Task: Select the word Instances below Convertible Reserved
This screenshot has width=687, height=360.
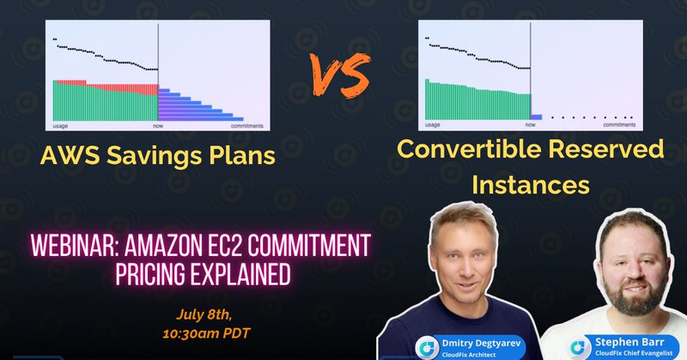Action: tap(530, 183)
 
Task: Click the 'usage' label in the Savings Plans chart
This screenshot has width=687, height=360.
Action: tap(61, 126)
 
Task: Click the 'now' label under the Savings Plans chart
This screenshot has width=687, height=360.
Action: tap(158, 126)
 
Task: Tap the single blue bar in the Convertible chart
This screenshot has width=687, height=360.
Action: tap(537, 116)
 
